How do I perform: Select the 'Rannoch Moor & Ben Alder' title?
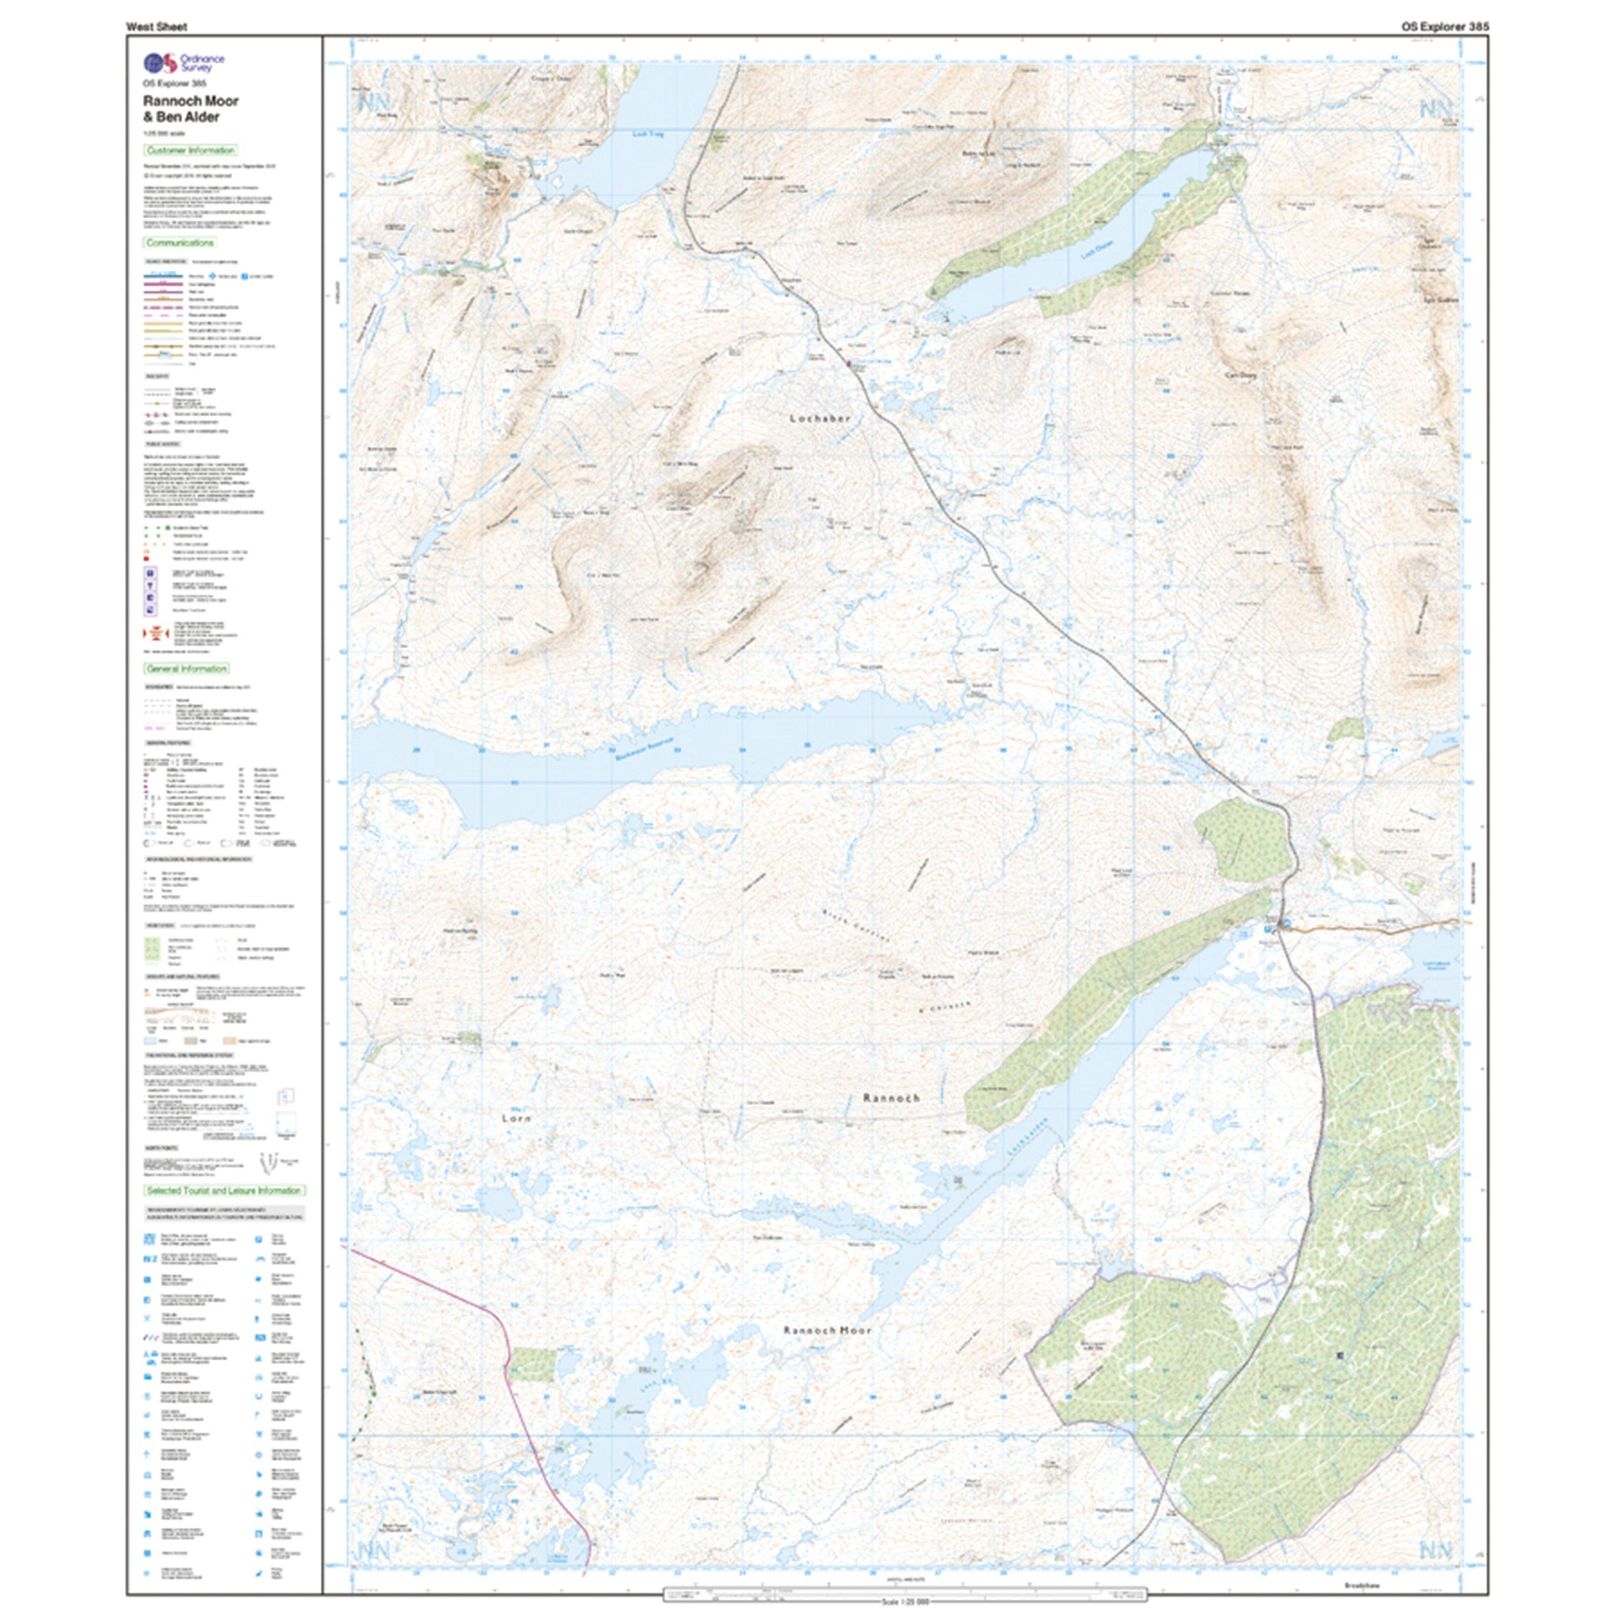(x=190, y=108)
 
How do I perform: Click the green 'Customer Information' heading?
(x=190, y=150)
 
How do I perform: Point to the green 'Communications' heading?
(x=181, y=243)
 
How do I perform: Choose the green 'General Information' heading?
(x=187, y=669)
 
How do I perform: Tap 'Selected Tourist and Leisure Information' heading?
(x=223, y=1191)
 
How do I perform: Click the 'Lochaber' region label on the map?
(x=820, y=418)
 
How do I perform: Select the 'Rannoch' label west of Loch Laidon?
(x=892, y=1098)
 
